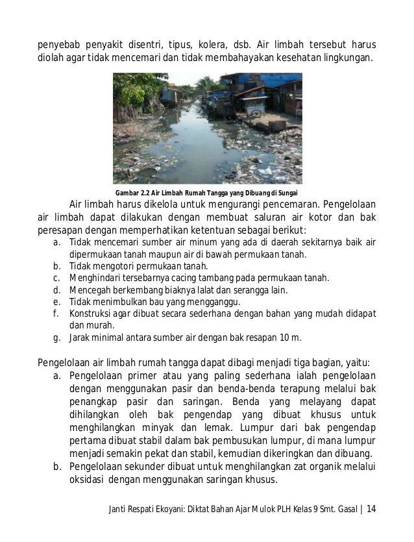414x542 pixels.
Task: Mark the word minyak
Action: pyautogui.click(x=144, y=427)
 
